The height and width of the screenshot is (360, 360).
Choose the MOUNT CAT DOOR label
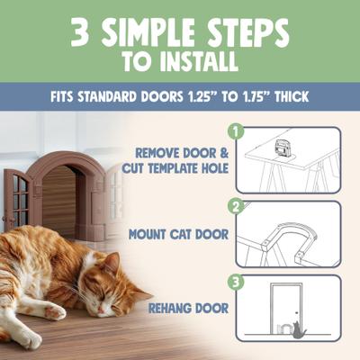tap(175, 236)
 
